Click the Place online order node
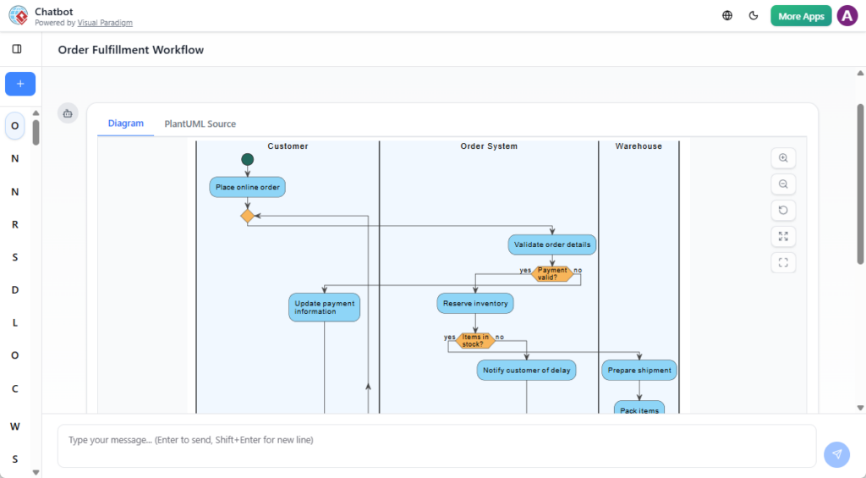click(x=247, y=187)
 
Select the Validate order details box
click(x=552, y=244)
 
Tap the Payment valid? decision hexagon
click(x=552, y=273)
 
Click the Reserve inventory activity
click(x=475, y=303)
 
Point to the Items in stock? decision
click(x=474, y=340)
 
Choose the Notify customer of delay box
click(x=526, y=370)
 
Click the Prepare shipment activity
click(x=639, y=370)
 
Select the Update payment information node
click(x=325, y=307)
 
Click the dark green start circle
click(x=247, y=159)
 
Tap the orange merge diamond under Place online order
click(x=247, y=216)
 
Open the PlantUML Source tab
click(x=200, y=124)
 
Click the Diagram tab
click(x=126, y=124)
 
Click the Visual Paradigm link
click(x=105, y=23)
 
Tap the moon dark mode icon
click(x=754, y=15)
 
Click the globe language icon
click(x=727, y=15)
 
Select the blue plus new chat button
click(x=20, y=84)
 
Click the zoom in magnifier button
click(x=783, y=158)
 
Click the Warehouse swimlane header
click(x=639, y=146)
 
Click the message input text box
click(x=436, y=446)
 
